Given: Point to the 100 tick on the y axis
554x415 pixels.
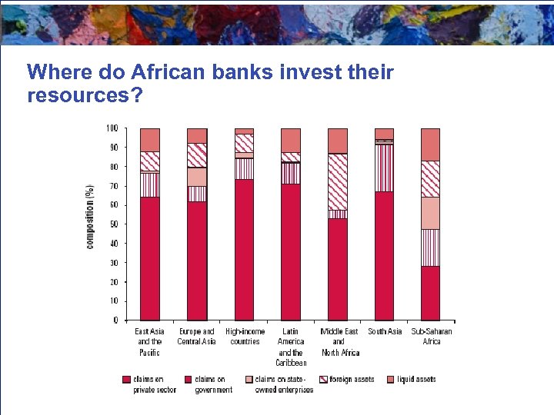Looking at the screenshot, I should (x=112, y=128).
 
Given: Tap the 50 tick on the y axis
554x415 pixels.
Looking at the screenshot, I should (x=113, y=224).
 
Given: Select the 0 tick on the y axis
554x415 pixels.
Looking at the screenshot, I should (x=115, y=320).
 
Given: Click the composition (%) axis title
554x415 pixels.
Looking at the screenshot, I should (x=90, y=215).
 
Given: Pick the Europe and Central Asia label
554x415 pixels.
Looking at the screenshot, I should (x=196, y=337).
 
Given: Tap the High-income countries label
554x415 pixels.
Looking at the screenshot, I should (x=245, y=337).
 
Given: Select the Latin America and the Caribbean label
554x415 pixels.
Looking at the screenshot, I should (x=291, y=347).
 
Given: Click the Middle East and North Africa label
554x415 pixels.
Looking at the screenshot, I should (x=339, y=342).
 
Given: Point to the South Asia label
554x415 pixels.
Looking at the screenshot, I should (x=384, y=332).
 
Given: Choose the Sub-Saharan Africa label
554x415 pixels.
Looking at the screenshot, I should (x=431, y=337).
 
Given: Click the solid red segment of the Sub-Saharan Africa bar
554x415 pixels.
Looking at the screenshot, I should (x=430, y=293).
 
